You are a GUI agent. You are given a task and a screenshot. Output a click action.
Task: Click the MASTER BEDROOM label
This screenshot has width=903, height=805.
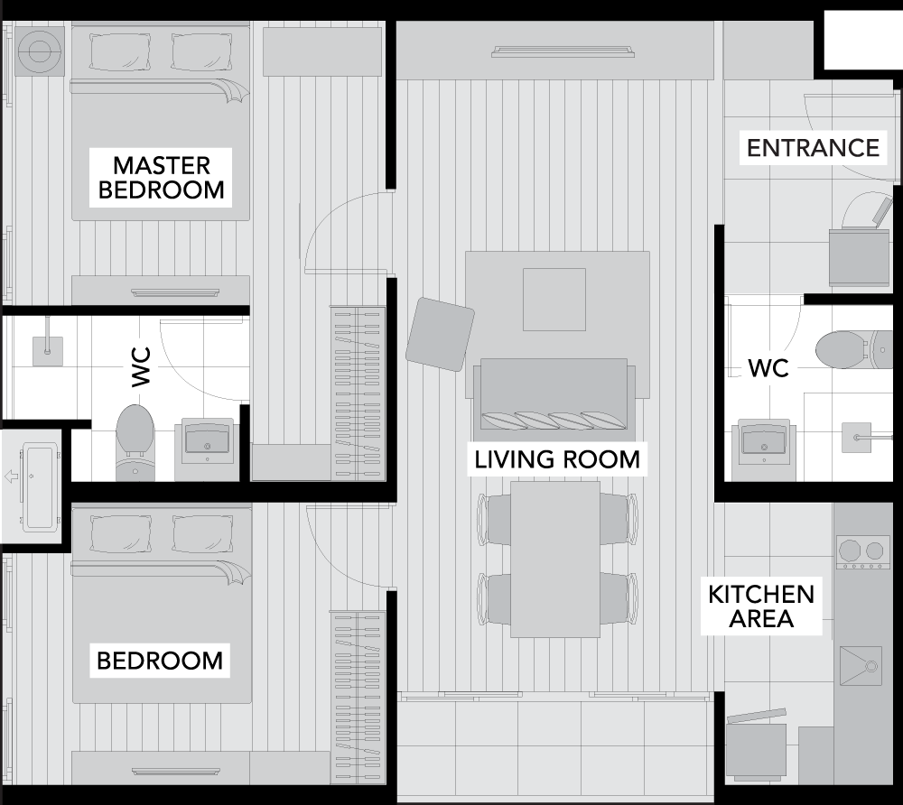click(162, 177)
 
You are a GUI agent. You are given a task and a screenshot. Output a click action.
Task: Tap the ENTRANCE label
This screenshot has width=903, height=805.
click(814, 148)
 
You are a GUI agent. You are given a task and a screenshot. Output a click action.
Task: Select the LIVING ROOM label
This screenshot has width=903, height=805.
click(557, 459)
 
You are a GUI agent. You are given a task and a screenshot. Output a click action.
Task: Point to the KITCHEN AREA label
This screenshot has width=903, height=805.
click(760, 606)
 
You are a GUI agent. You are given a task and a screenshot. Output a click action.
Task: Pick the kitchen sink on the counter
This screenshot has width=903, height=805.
click(861, 666)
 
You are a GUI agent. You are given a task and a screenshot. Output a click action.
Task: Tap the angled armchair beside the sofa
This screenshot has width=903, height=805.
click(440, 334)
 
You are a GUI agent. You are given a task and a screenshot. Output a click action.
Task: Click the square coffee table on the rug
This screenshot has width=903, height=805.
click(554, 300)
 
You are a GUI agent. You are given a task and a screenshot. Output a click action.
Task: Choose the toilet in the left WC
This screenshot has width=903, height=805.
click(135, 442)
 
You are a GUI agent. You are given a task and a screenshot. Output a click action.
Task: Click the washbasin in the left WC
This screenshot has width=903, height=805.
click(208, 442)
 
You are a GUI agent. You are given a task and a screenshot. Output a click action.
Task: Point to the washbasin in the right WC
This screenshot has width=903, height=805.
click(764, 442)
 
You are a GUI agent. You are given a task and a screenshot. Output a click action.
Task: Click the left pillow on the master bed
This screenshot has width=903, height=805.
click(120, 51)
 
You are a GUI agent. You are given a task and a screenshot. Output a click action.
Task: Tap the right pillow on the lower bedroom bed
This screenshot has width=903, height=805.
click(202, 534)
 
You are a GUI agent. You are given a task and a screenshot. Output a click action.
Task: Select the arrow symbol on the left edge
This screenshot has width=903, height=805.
click(11, 477)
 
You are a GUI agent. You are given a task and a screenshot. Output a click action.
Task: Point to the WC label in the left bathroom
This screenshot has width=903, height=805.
click(141, 366)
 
